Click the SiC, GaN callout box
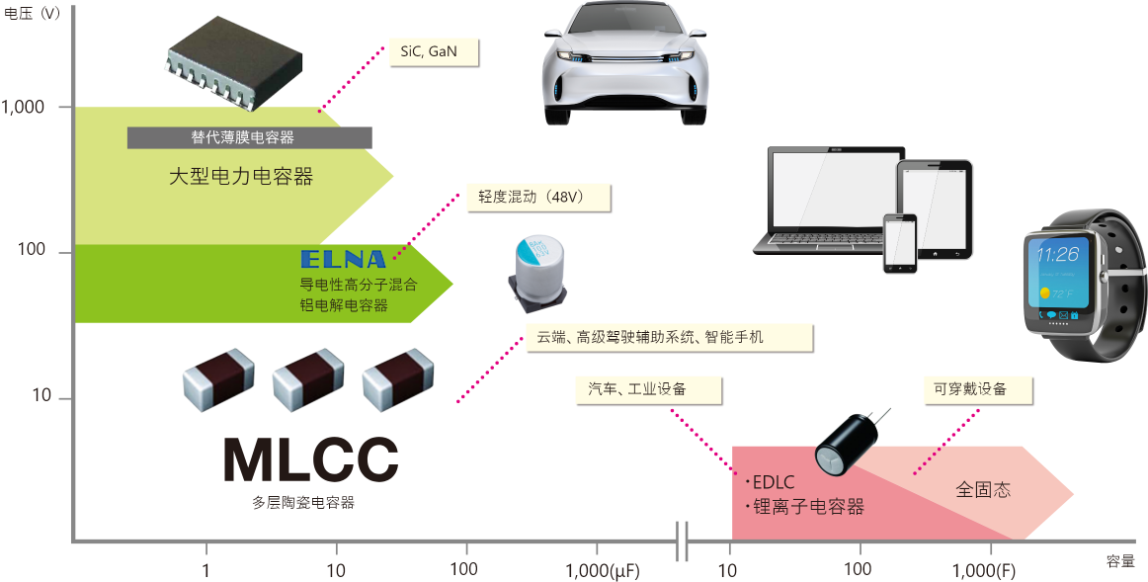click(428, 51)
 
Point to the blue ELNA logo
click(343, 260)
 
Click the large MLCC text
click(310, 459)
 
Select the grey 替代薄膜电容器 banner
click(249, 137)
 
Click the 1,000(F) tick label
click(991, 570)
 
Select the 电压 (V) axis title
click(33, 14)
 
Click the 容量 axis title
click(1121, 561)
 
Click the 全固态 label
click(983, 490)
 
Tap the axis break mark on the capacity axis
click(681, 541)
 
